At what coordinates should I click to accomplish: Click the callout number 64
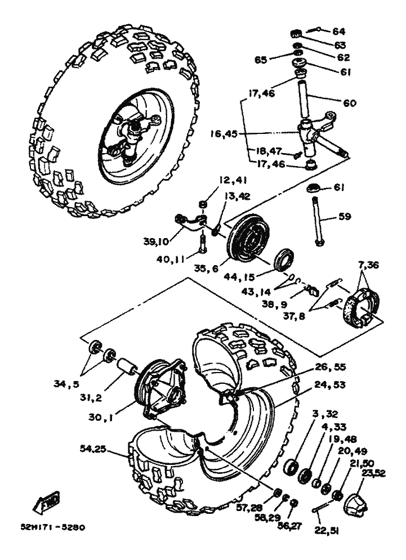click(x=338, y=32)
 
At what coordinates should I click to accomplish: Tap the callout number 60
click(x=350, y=103)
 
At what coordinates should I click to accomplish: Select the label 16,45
click(x=224, y=134)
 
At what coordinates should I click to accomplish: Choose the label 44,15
click(x=238, y=276)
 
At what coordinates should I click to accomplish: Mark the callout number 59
click(x=345, y=217)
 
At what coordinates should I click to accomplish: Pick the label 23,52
click(x=373, y=473)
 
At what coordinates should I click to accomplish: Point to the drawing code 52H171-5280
click(x=53, y=527)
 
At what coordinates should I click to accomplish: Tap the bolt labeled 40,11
click(x=202, y=244)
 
